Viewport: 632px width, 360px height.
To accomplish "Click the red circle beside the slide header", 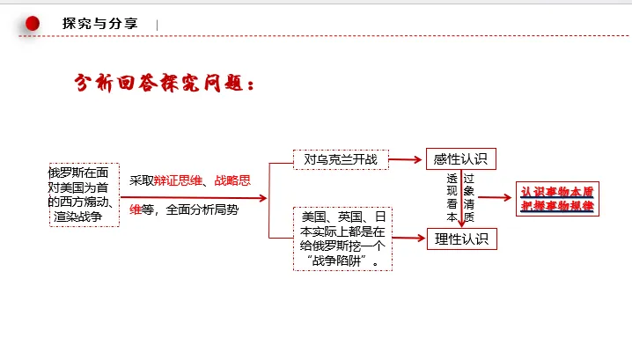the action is (33, 24).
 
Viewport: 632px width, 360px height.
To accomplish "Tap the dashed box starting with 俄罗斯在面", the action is (84, 194).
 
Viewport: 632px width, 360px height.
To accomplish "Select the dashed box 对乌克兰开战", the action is (341, 159).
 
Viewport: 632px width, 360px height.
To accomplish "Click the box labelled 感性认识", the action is (460, 158).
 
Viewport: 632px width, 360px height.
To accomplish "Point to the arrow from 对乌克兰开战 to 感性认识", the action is (406, 159).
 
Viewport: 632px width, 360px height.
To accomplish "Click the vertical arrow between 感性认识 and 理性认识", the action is (460, 198).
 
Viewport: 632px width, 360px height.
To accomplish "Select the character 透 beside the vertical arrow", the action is (451, 179).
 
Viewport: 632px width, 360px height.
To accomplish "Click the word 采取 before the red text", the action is (142, 180).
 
